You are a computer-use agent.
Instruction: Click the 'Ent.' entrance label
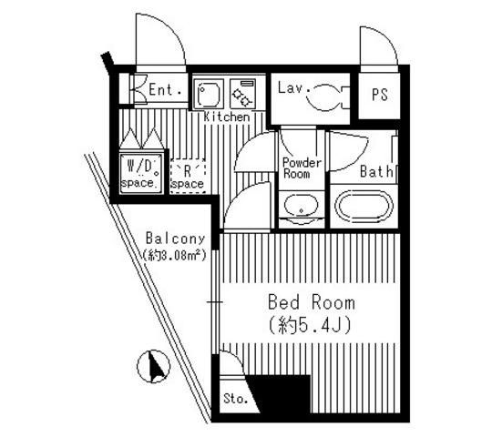pyautogui.click(x=165, y=90)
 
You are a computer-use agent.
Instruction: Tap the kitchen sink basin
pyautogui.click(x=209, y=94)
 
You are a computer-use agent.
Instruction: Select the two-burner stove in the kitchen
pyautogui.click(x=242, y=94)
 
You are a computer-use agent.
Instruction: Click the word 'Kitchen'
pyautogui.click(x=227, y=117)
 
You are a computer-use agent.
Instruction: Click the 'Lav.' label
pyautogui.click(x=293, y=87)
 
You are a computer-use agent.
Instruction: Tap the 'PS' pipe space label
pyautogui.click(x=380, y=95)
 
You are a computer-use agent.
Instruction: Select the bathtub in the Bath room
pyautogui.click(x=364, y=207)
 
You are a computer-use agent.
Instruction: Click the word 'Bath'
pyautogui.click(x=376, y=171)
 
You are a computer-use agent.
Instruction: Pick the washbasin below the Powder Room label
pyautogui.click(x=301, y=206)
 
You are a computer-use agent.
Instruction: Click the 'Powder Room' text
pyautogui.click(x=302, y=168)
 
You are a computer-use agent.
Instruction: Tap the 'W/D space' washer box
pyautogui.click(x=141, y=173)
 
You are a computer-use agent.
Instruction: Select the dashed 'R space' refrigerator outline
pyautogui.click(x=188, y=176)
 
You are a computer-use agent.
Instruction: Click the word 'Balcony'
pyautogui.click(x=175, y=239)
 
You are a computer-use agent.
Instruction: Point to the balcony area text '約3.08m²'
pyautogui.click(x=174, y=255)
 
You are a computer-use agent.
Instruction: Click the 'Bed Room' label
pyautogui.click(x=312, y=302)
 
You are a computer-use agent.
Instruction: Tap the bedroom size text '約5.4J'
pyautogui.click(x=310, y=326)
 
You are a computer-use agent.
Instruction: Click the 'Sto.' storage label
pyautogui.click(x=236, y=399)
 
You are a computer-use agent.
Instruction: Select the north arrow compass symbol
pyautogui.click(x=153, y=366)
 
